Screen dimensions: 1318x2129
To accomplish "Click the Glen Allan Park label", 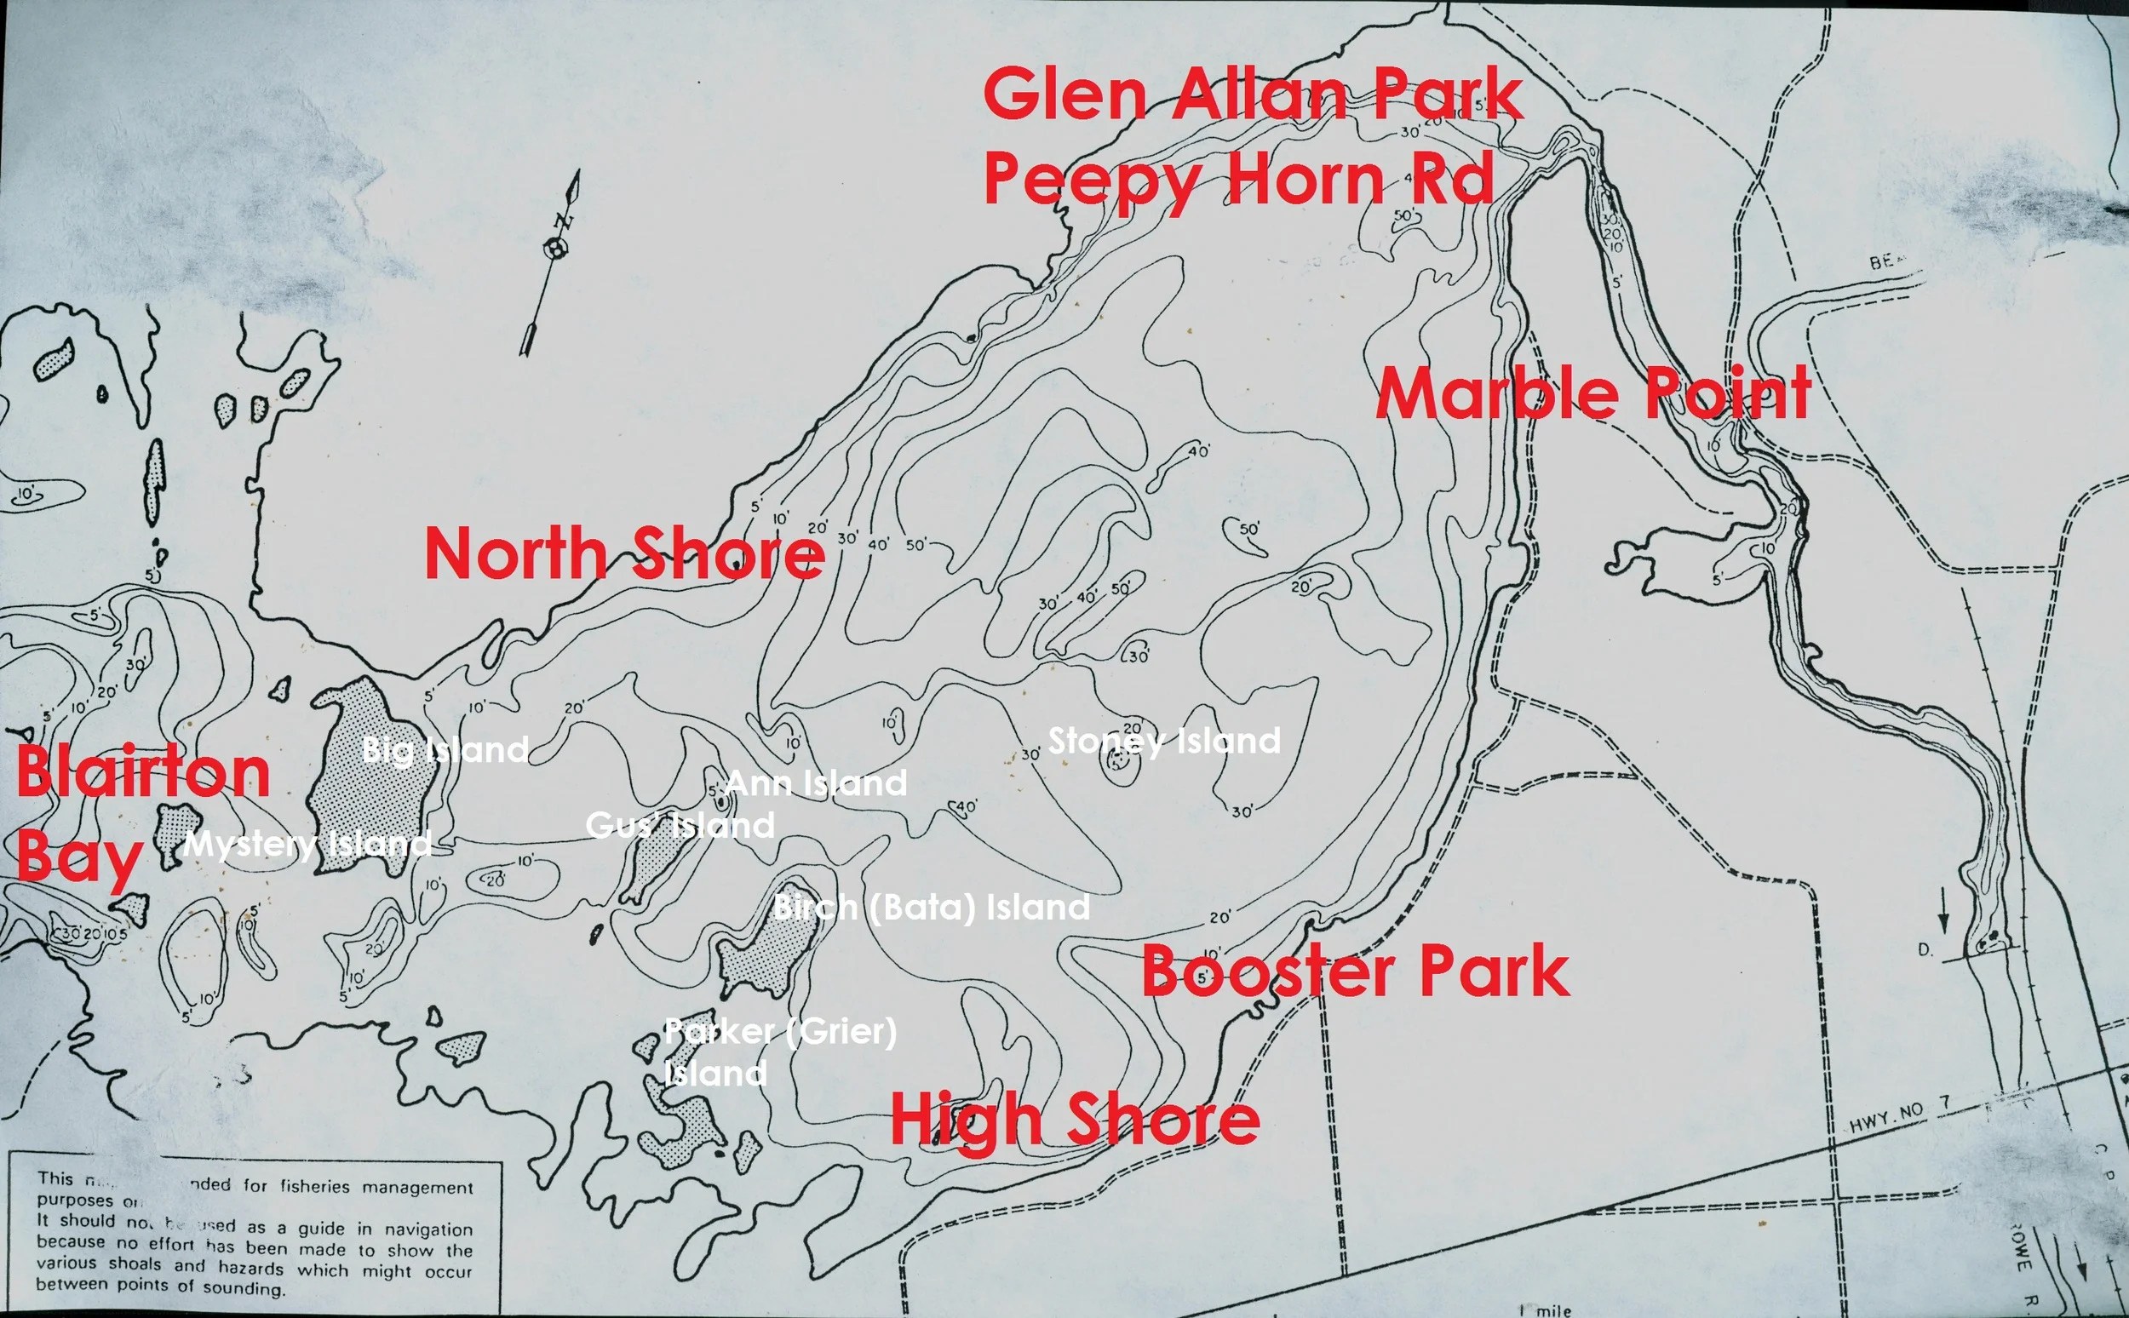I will [x=1252, y=96].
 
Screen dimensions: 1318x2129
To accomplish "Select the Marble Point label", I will [x=1593, y=394].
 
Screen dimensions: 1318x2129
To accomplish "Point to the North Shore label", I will [x=624, y=554].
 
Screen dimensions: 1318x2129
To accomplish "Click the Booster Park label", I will [x=1356, y=972].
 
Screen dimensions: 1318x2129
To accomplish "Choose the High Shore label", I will [x=1074, y=1120].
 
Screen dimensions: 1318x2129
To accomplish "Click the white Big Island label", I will [x=445, y=749].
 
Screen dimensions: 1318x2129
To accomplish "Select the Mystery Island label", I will [x=307, y=844].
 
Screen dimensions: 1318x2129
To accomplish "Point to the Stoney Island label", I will [x=1164, y=741].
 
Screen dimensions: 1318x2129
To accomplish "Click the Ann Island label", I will [x=816, y=782].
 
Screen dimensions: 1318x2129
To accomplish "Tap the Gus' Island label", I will [x=680, y=825].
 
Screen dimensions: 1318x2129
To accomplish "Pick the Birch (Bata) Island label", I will [x=931, y=908].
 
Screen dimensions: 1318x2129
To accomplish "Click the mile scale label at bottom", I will [x=1547, y=1310].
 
